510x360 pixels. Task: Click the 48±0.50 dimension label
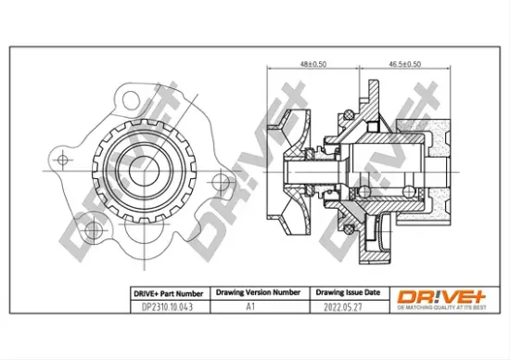click(313, 64)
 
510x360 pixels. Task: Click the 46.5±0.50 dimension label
click(403, 64)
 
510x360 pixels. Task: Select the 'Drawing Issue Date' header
click(344, 292)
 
